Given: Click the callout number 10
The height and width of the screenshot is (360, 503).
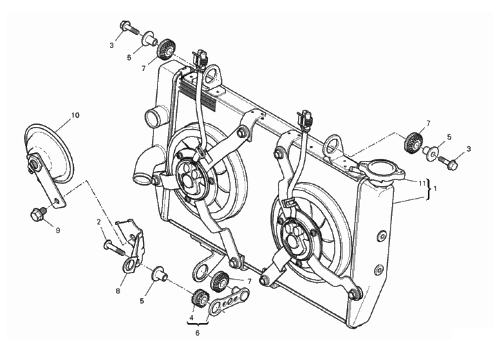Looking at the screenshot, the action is [75, 116].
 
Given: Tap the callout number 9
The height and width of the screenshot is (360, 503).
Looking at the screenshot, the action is [58, 230].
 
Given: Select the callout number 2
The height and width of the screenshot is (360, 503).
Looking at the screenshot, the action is [98, 222].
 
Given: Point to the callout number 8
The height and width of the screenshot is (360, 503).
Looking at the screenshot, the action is [118, 291].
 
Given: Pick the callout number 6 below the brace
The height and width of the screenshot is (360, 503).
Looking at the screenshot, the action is [197, 333].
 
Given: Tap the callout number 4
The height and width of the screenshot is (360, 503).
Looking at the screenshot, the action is [191, 318].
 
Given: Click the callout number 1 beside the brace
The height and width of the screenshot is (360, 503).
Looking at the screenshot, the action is [435, 189].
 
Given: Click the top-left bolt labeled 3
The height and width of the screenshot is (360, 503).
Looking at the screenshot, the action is [130, 28].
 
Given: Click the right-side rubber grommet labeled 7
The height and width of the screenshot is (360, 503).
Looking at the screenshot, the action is [414, 143].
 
